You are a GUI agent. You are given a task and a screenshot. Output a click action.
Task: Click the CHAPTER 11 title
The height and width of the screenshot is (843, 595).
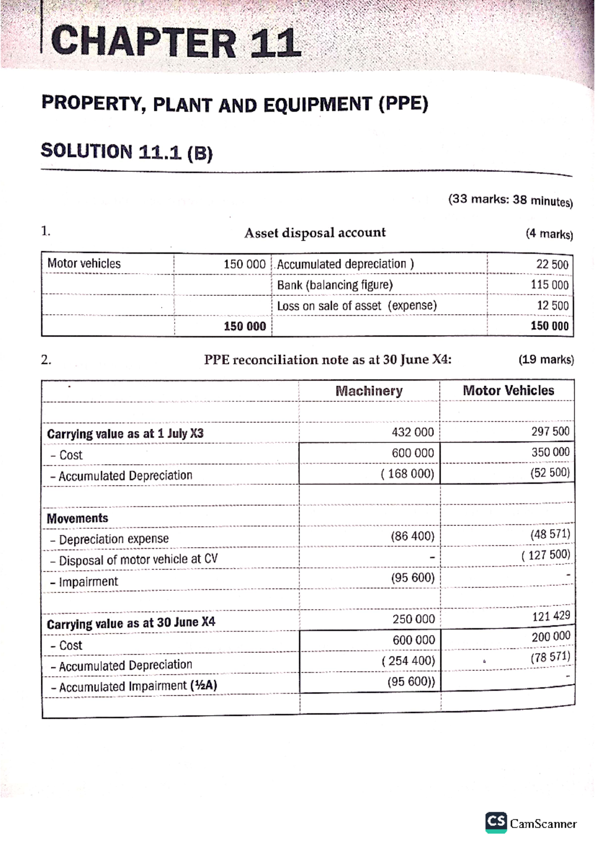pos(176,43)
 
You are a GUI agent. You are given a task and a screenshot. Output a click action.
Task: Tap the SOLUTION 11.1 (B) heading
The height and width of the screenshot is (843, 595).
pos(126,152)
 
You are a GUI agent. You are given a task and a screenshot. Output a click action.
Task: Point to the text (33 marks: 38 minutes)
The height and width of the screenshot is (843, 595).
pos(510,200)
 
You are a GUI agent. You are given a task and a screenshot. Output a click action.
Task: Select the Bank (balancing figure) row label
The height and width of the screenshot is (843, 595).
pos(335,285)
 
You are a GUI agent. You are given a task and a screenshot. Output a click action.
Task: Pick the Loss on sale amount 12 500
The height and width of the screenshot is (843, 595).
pos(552,305)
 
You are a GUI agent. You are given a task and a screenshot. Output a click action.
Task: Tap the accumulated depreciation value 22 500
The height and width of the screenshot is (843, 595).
pos(552,264)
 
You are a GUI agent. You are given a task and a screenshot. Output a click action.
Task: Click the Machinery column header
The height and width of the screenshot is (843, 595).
pos(369,391)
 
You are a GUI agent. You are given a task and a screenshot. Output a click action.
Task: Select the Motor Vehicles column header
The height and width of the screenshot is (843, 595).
pos(508,390)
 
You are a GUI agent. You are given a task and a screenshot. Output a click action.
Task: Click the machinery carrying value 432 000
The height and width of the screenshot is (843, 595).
pos(413,432)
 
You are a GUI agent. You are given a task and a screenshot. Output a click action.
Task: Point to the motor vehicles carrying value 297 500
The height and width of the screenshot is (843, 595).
pos(550,431)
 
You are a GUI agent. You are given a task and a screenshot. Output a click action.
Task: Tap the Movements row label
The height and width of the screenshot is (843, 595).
pos(77,518)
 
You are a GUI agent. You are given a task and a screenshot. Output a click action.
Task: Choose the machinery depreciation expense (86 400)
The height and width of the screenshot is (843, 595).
pos(412,536)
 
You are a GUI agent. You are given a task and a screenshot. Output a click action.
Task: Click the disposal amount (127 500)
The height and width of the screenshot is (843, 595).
pos(545,555)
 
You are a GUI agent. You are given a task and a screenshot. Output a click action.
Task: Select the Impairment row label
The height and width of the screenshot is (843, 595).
pos(88,581)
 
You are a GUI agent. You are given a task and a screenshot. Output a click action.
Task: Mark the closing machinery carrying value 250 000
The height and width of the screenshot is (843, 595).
pos(414,619)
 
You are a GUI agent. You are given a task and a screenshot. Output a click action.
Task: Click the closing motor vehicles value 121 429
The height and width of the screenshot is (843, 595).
pos(550,616)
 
